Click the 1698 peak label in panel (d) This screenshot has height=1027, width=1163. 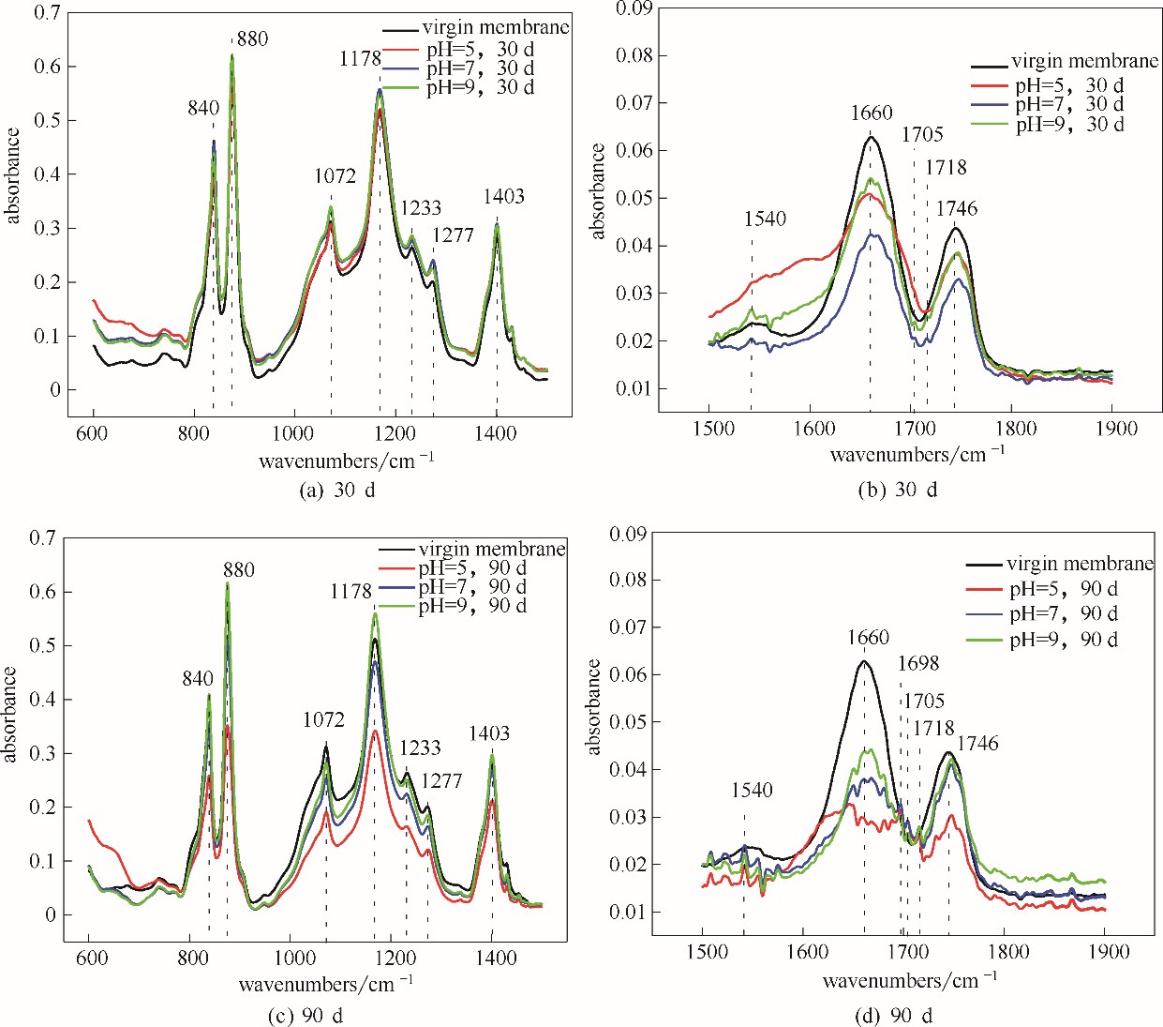click(x=917, y=664)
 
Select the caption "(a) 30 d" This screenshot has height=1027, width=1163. click(x=336, y=490)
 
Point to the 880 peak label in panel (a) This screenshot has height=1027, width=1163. click(x=252, y=39)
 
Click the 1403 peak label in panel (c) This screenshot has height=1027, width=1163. click(x=489, y=733)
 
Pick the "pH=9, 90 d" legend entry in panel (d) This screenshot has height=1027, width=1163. click(x=1063, y=640)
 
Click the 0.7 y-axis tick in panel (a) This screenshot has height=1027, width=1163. click(x=46, y=13)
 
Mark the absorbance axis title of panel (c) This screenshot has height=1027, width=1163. click(x=11, y=714)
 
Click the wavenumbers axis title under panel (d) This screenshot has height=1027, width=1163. click(x=909, y=980)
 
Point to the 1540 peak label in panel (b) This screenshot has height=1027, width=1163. click(x=765, y=219)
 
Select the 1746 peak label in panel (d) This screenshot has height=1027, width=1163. click(x=977, y=744)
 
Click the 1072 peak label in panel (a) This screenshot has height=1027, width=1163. click(x=335, y=176)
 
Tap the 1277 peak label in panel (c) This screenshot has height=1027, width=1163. click(x=441, y=781)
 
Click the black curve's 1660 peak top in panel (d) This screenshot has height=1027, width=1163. click(x=863, y=661)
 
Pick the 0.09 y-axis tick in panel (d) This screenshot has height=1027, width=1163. click(x=628, y=534)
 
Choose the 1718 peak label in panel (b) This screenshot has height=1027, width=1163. click(x=946, y=168)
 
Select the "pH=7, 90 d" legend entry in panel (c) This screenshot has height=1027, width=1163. click(x=472, y=586)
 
